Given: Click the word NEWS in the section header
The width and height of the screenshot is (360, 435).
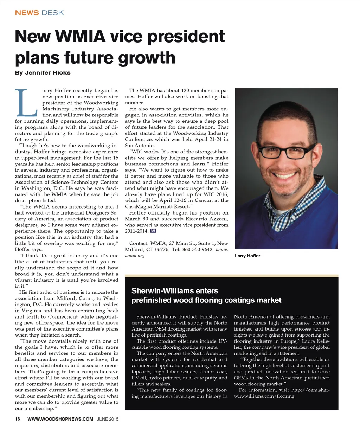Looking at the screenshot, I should pyautogui.click(x=27, y=13).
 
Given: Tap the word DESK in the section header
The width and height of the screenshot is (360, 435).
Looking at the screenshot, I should pyautogui.click(x=52, y=13).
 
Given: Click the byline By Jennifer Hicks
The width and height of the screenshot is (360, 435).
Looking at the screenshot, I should pyautogui.click(x=43, y=73).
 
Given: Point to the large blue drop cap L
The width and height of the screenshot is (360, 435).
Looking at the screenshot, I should pyautogui.click(x=26, y=102).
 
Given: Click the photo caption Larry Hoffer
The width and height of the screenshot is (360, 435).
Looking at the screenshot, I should pyautogui.click(x=247, y=256).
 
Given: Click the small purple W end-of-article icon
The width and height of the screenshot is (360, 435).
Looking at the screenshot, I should pyautogui.click(x=153, y=231).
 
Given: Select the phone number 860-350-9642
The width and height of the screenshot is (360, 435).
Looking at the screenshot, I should pyautogui.click(x=198, y=249).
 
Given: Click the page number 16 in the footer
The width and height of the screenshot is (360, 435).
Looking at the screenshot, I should pyautogui.click(x=18, y=419).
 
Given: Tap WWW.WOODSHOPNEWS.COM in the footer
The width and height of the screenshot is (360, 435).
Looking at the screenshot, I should pyautogui.click(x=60, y=419).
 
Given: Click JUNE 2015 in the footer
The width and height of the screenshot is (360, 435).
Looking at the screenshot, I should pyautogui.click(x=108, y=419).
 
